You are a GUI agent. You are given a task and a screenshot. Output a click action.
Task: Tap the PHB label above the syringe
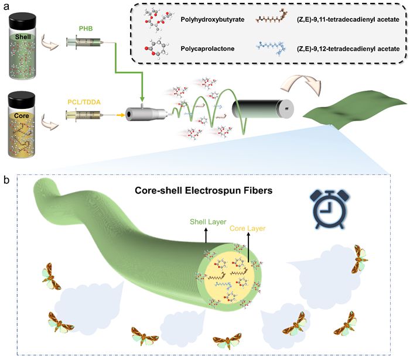pyautogui.click(x=87, y=28)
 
